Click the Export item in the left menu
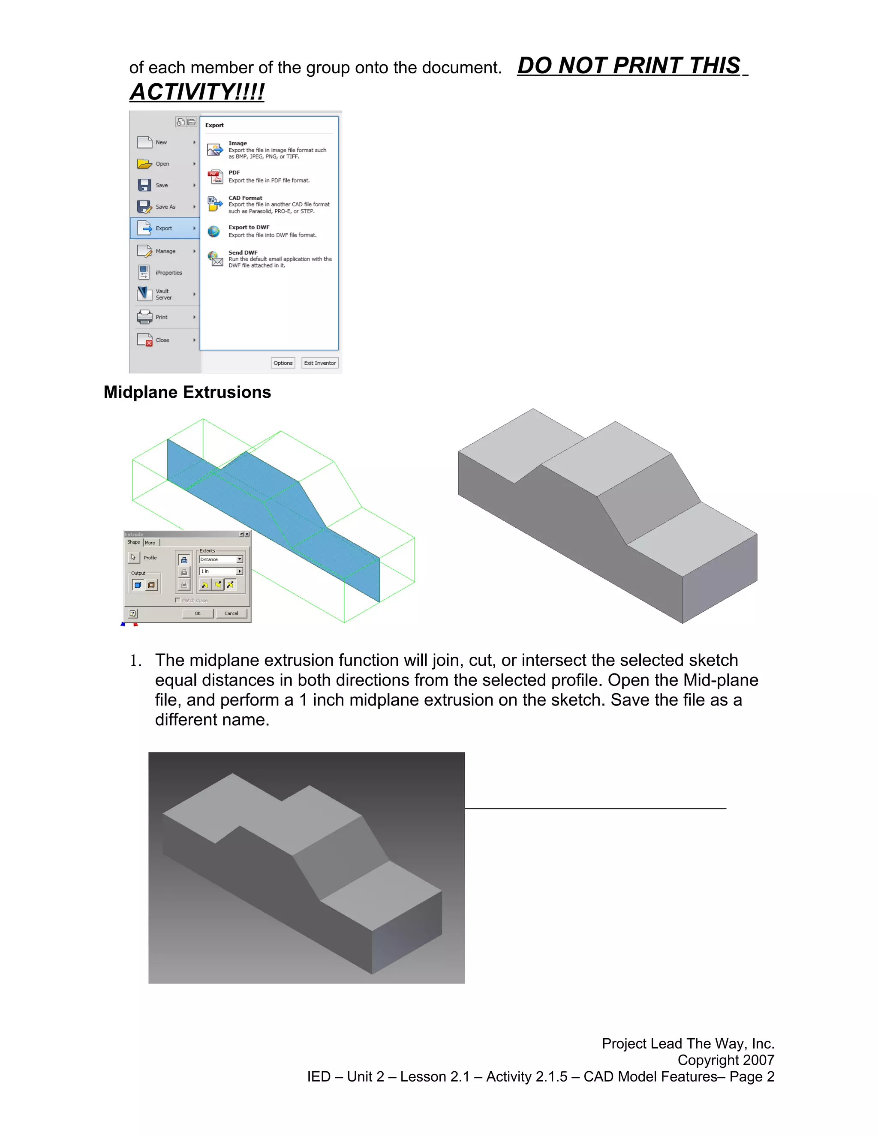(x=164, y=228)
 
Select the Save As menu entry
(x=165, y=207)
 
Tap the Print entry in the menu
(x=161, y=317)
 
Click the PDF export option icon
(x=215, y=177)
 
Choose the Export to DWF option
(x=249, y=227)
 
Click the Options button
(x=283, y=363)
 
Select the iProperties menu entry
(x=168, y=273)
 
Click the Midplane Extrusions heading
(x=187, y=392)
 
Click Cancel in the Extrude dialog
(x=231, y=613)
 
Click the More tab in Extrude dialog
(x=150, y=543)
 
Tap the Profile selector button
(x=134, y=557)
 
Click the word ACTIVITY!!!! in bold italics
(x=197, y=92)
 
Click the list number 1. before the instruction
(x=135, y=661)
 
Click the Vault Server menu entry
(x=163, y=295)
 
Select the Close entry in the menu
(x=162, y=340)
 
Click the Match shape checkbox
(x=177, y=600)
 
